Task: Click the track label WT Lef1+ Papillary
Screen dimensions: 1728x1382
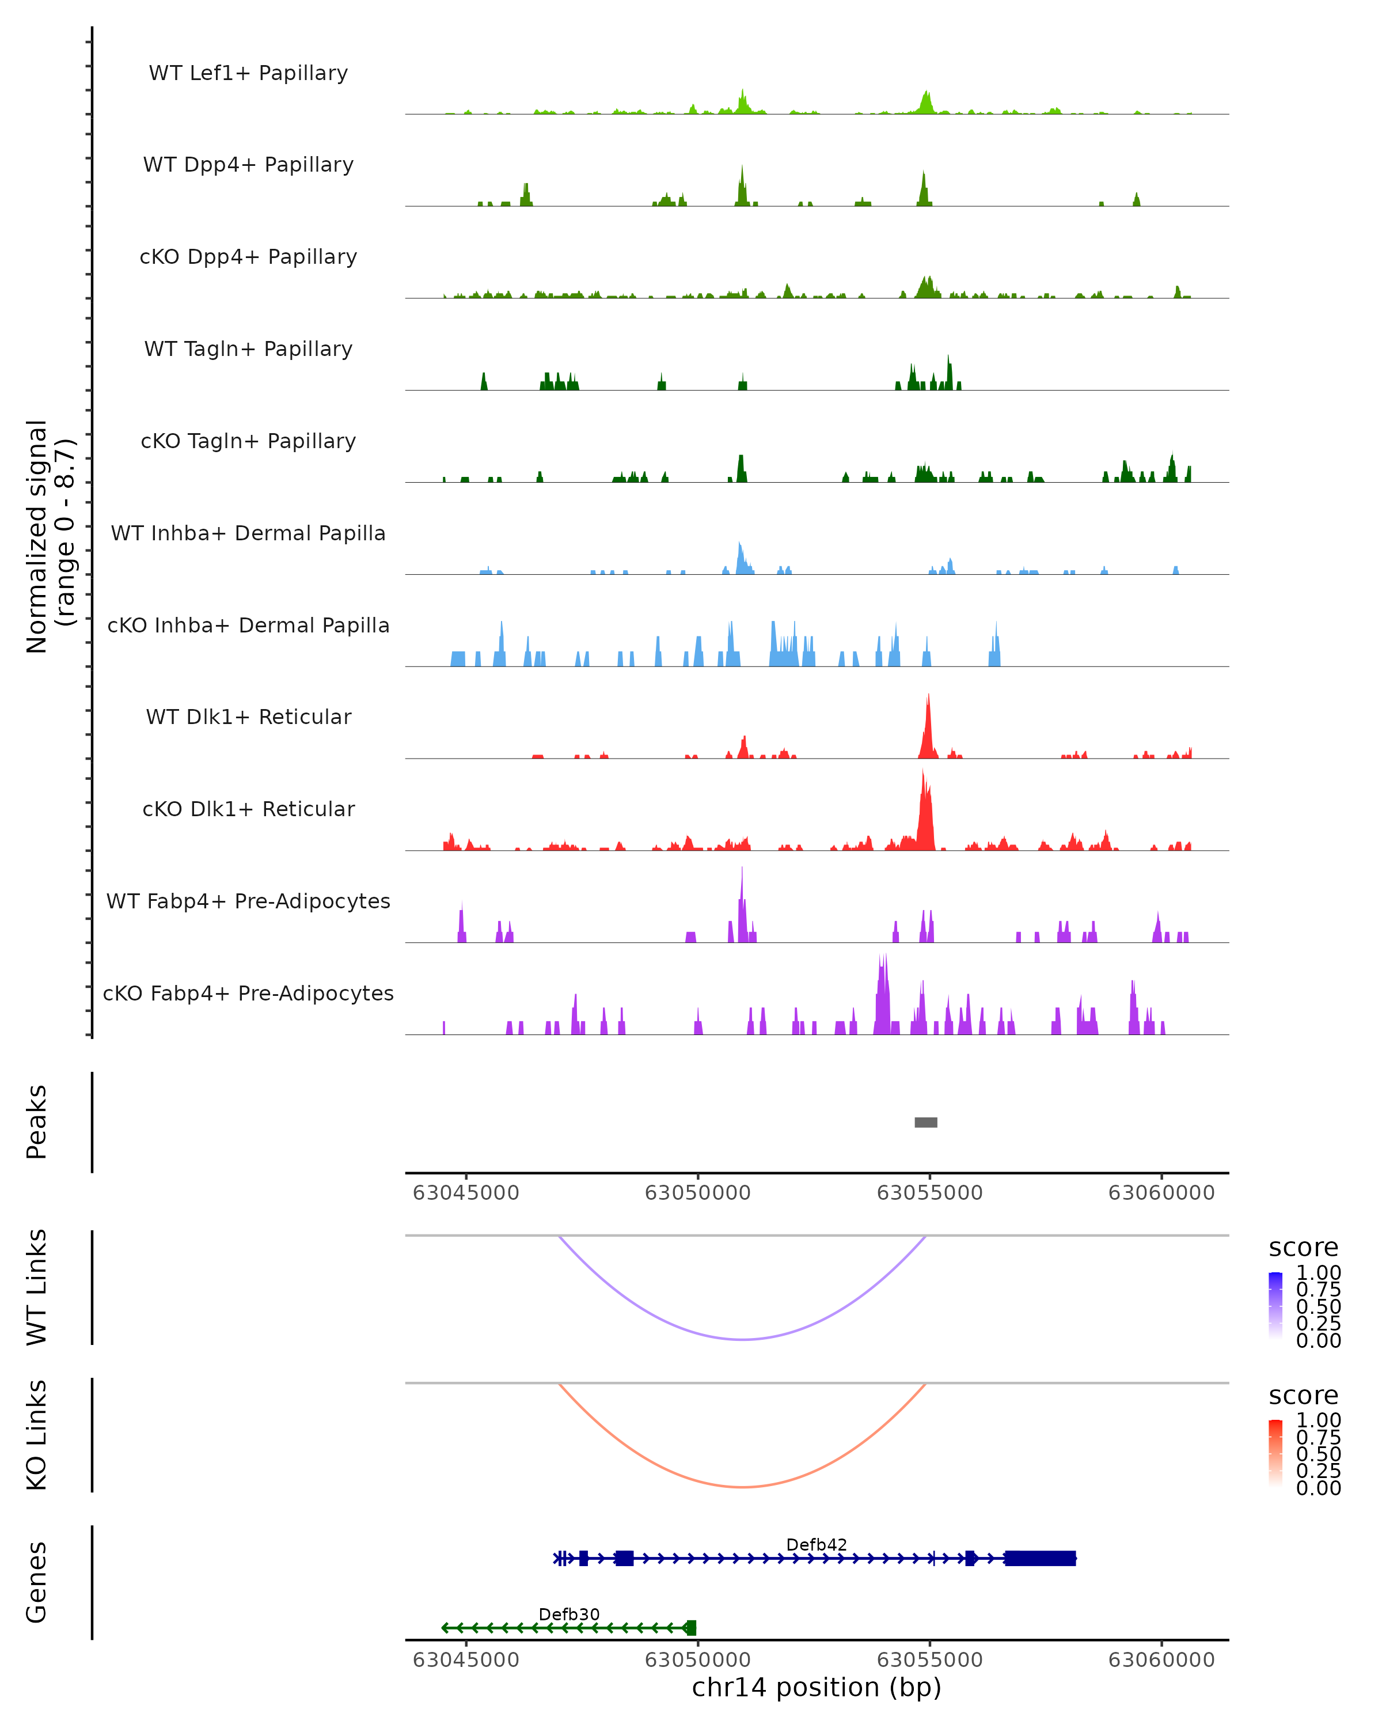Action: click(248, 73)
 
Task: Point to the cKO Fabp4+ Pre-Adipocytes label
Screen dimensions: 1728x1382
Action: click(248, 993)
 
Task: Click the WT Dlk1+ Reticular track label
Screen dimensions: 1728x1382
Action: click(248, 717)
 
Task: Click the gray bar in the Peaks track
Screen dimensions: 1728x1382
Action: click(925, 1122)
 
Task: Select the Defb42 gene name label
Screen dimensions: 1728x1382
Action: click(817, 1544)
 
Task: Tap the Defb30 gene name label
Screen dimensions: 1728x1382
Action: click(569, 1614)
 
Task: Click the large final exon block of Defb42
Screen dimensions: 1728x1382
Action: click(1040, 1558)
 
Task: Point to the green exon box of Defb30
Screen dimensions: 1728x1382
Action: click(692, 1628)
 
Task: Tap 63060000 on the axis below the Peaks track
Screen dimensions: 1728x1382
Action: click(1161, 1193)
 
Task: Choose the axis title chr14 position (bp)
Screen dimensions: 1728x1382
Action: click(817, 1688)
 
